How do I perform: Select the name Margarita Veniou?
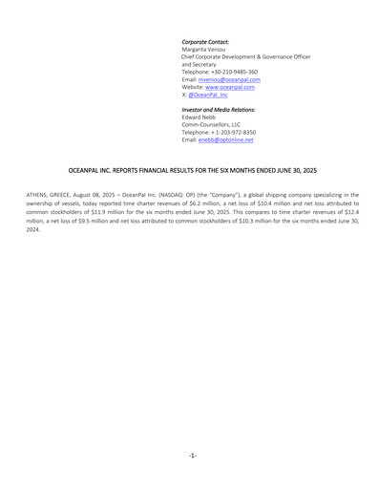tap(209, 50)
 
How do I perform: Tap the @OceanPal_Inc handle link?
tap(208, 96)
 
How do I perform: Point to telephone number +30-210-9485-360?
tap(235, 72)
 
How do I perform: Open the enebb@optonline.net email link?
tap(225, 140)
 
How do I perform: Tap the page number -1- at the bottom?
tap(192, 455)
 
